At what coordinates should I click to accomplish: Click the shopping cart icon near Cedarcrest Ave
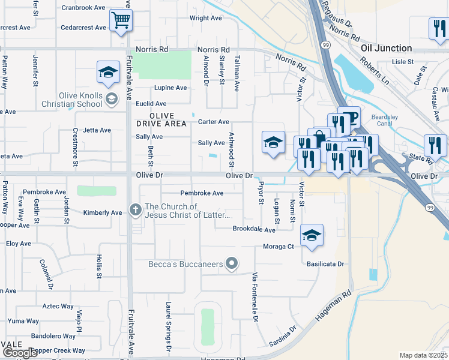pos(121,22)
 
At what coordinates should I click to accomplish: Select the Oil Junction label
pos(386,48)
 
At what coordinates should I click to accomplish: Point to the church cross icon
pos(136,210)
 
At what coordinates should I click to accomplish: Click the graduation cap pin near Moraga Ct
pos(312,235)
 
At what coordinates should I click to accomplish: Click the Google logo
pos(20,353)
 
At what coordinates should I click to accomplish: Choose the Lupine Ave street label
pos(170,88)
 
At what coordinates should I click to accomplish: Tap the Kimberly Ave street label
pos(102,212)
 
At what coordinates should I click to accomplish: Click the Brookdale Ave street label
pos(254,229)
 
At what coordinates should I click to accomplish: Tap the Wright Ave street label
pos(205,18)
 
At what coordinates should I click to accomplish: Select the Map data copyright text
pos(423,355)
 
